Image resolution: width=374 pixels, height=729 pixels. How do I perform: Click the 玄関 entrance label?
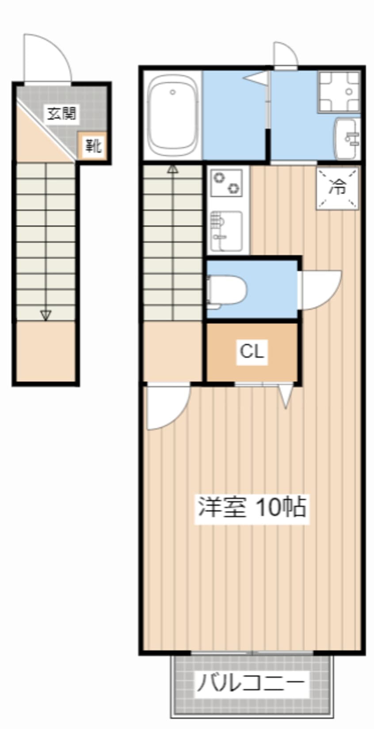[62, 114]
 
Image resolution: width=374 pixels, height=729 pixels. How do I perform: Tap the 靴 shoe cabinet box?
[93, 145]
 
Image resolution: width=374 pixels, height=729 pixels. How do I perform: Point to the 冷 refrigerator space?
[338, 187]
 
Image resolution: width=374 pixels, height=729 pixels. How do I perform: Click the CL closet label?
[252, 352]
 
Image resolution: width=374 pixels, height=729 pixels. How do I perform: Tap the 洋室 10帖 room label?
[252, 507]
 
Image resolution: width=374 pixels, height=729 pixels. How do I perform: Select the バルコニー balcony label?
[251, 683]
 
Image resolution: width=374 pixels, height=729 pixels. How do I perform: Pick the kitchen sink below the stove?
[227, 231]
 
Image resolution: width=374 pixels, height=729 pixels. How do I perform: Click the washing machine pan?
[339, 91]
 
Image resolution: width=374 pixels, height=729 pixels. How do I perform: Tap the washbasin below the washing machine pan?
[348, 138]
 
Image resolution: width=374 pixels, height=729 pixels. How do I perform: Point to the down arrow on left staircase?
[46, 315]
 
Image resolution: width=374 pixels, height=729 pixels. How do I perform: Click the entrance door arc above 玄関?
[48, 57]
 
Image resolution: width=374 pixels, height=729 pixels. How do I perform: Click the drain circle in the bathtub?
[172, 92]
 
